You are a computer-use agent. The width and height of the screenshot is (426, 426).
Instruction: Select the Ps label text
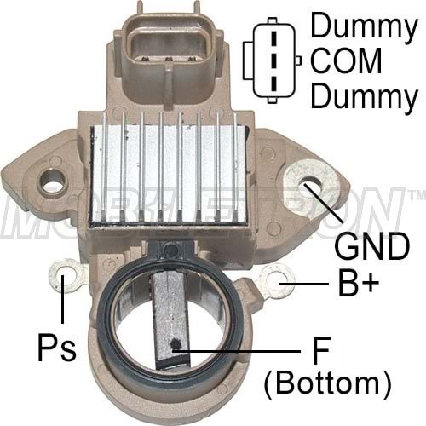[x=57, y=349]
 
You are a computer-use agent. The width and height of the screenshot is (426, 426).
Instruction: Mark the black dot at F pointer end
[x=174, y=346]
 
